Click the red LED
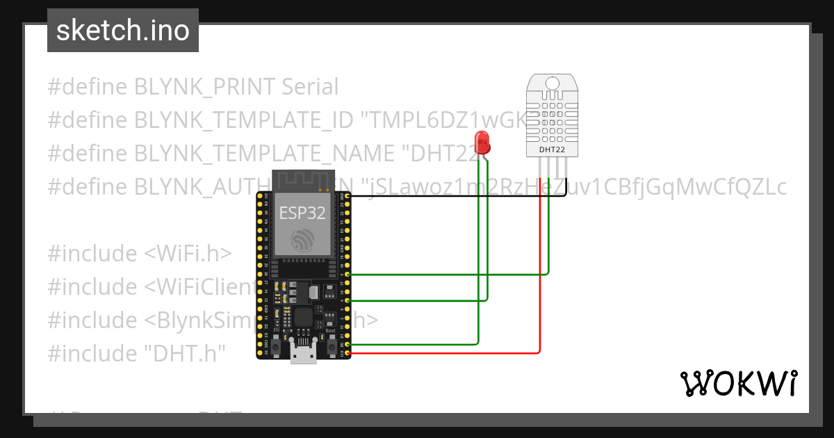pos(482,143)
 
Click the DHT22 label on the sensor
pos(552,149)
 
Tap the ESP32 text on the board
pos(302,213)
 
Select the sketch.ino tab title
pos(123,31)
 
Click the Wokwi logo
pos(737,383)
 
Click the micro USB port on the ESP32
pos(302,355)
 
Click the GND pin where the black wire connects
pos(347,197)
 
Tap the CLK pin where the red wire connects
pos(347,354)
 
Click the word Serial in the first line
pos(310,87)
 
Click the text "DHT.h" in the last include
pos(185,354)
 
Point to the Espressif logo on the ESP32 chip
pos(302,241)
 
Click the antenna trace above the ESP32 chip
pos(302,180)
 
